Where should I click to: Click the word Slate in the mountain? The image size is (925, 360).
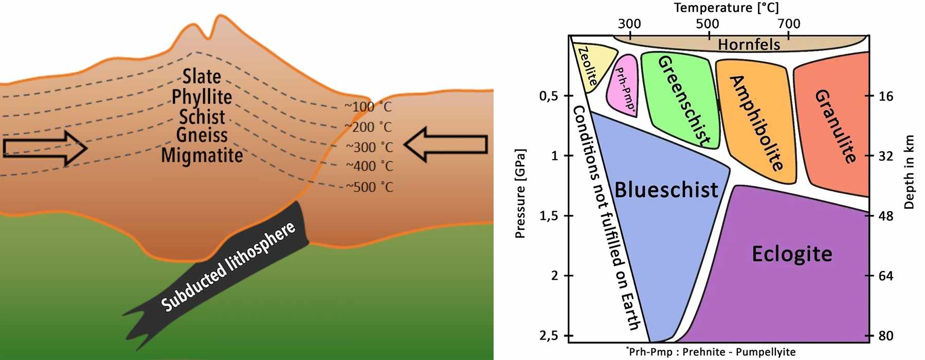202,77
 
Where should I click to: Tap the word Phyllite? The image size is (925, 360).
202,97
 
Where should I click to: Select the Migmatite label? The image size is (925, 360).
202,155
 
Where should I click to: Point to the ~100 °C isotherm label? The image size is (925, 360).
368,107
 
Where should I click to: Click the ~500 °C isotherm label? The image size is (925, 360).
369,187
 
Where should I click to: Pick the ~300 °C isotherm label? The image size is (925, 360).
369,147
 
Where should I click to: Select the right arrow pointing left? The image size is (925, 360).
446,145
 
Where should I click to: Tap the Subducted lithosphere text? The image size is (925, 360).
228,266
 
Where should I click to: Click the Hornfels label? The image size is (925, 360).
749,45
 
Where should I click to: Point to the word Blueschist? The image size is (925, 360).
666,190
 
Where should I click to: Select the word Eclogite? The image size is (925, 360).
792,254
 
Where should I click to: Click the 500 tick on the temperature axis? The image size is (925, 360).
708,24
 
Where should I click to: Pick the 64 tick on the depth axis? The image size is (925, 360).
885,276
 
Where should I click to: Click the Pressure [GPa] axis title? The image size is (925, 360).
520,194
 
